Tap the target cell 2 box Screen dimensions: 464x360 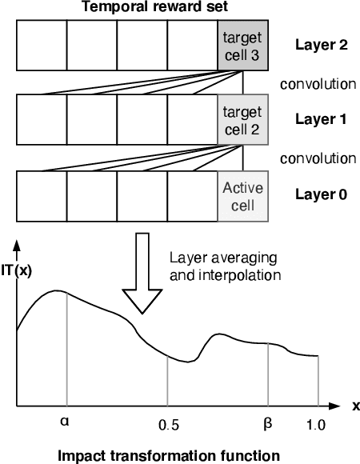pos(242,120)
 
